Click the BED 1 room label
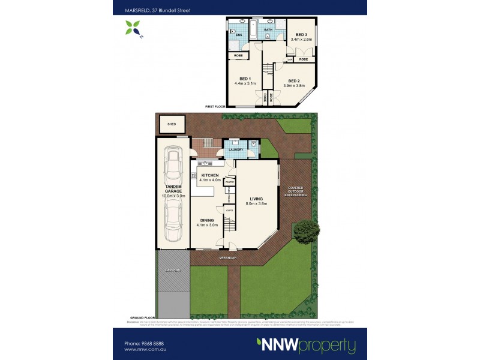(245, 79)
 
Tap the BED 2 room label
(293, 81)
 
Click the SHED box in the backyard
(172, 125)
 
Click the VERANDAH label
(229, 257)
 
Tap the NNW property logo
(306, 345)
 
